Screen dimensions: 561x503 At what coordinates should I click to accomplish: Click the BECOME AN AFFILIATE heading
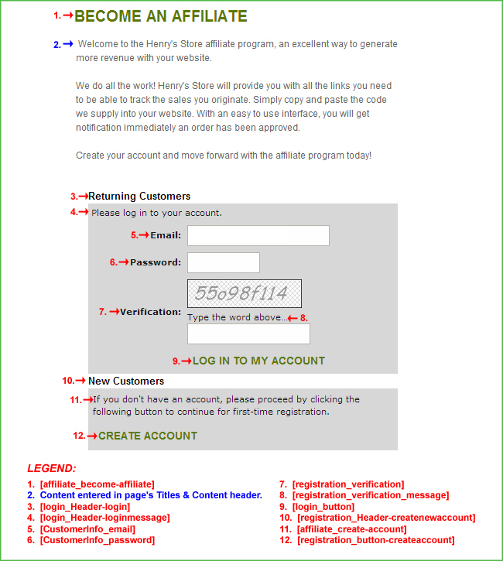(161, 16)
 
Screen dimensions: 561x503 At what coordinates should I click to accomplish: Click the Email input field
(258, 235)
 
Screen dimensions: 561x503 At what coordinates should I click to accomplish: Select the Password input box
(223, 262)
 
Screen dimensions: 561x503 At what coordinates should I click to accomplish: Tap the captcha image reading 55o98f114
(244, 293)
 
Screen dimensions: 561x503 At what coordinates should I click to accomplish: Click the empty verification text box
(248, 334)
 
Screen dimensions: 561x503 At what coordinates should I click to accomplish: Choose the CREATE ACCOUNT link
(148, 436)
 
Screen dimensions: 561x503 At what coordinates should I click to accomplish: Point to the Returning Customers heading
(139, 197)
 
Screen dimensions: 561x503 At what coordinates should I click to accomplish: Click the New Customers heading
(126, 381)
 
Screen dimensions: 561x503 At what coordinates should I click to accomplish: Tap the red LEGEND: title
(52, 468)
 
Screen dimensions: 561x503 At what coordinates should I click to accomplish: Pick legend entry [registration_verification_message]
(371, 495)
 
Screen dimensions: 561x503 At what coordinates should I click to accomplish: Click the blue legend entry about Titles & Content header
(151, 495)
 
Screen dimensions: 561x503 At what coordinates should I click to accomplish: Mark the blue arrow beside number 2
(68, 44)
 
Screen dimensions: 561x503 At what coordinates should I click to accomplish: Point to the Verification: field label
(150, 312)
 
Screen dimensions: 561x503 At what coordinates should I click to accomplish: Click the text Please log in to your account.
(156, 213)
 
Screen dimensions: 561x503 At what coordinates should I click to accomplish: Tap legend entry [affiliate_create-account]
(352, 529)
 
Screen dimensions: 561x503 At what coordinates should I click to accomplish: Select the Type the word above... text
(236, 317)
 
